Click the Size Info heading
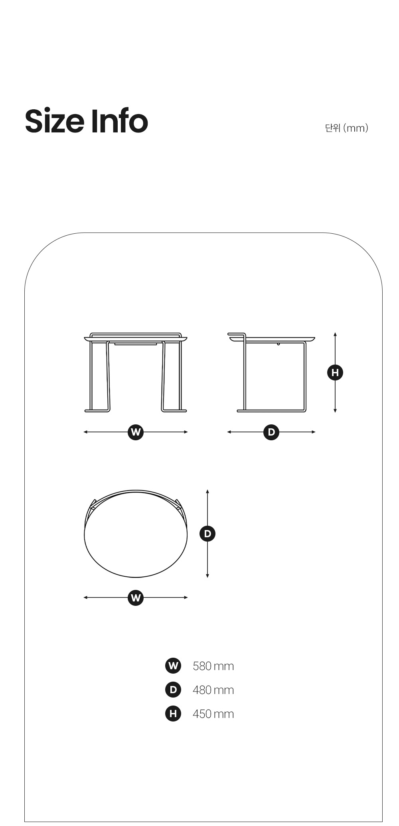tap(87, 121)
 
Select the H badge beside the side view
tap(335, 373)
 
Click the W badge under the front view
tap(136, 432)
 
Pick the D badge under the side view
tap(271, 432)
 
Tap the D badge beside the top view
tap(207, 534)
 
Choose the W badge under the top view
tap(136, 598)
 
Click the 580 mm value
tap(213, 666)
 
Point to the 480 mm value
tap(213, 690)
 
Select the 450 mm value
tap(213, 714)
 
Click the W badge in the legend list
tap(173, 666)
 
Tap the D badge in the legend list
tap(173, 690)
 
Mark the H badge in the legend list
tap(173, 714)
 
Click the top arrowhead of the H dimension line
tap(335, 334)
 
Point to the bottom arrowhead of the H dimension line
tap(335, 411)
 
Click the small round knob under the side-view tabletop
tap(278, 343)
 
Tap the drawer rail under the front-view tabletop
tap(136, 343)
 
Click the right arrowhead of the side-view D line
tap(314, 432)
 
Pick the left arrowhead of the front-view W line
tap(85, 432)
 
